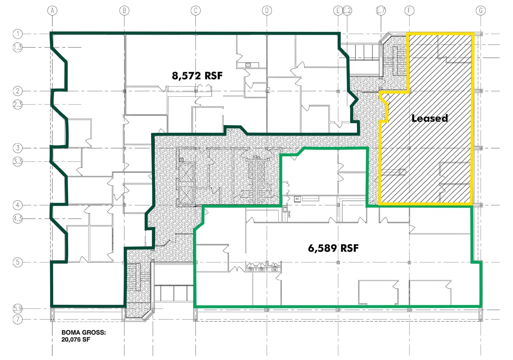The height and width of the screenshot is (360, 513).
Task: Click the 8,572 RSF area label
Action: click(197, 76)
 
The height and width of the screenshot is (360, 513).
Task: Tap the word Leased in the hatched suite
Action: click(430, 118)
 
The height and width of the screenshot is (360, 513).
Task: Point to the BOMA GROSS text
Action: click(83, 332)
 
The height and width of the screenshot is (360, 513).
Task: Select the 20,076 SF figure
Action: click(76, 339)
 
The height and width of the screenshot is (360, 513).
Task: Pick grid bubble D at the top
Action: click(267, 11)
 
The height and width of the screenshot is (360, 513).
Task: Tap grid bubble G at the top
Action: click(481, 11)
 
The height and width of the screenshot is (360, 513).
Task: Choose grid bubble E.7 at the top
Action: click(381, 11)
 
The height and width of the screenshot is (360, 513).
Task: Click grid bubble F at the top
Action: click(409, 11)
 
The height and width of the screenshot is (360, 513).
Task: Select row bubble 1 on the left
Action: click(18, 34)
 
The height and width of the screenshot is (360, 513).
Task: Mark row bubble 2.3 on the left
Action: click(18, 104)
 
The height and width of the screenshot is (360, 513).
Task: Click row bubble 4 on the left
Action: click(18, 205)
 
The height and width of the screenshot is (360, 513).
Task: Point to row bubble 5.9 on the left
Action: click(18, 309)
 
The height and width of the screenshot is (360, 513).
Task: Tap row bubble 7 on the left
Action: click(18, 319)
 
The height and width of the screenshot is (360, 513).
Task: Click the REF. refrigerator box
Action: click(298, 199)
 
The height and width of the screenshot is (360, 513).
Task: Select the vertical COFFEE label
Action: click(289, 214)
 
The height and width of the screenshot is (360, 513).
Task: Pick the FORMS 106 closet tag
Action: click(274, 268)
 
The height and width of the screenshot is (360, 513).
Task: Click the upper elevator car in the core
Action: click(186, 172)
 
